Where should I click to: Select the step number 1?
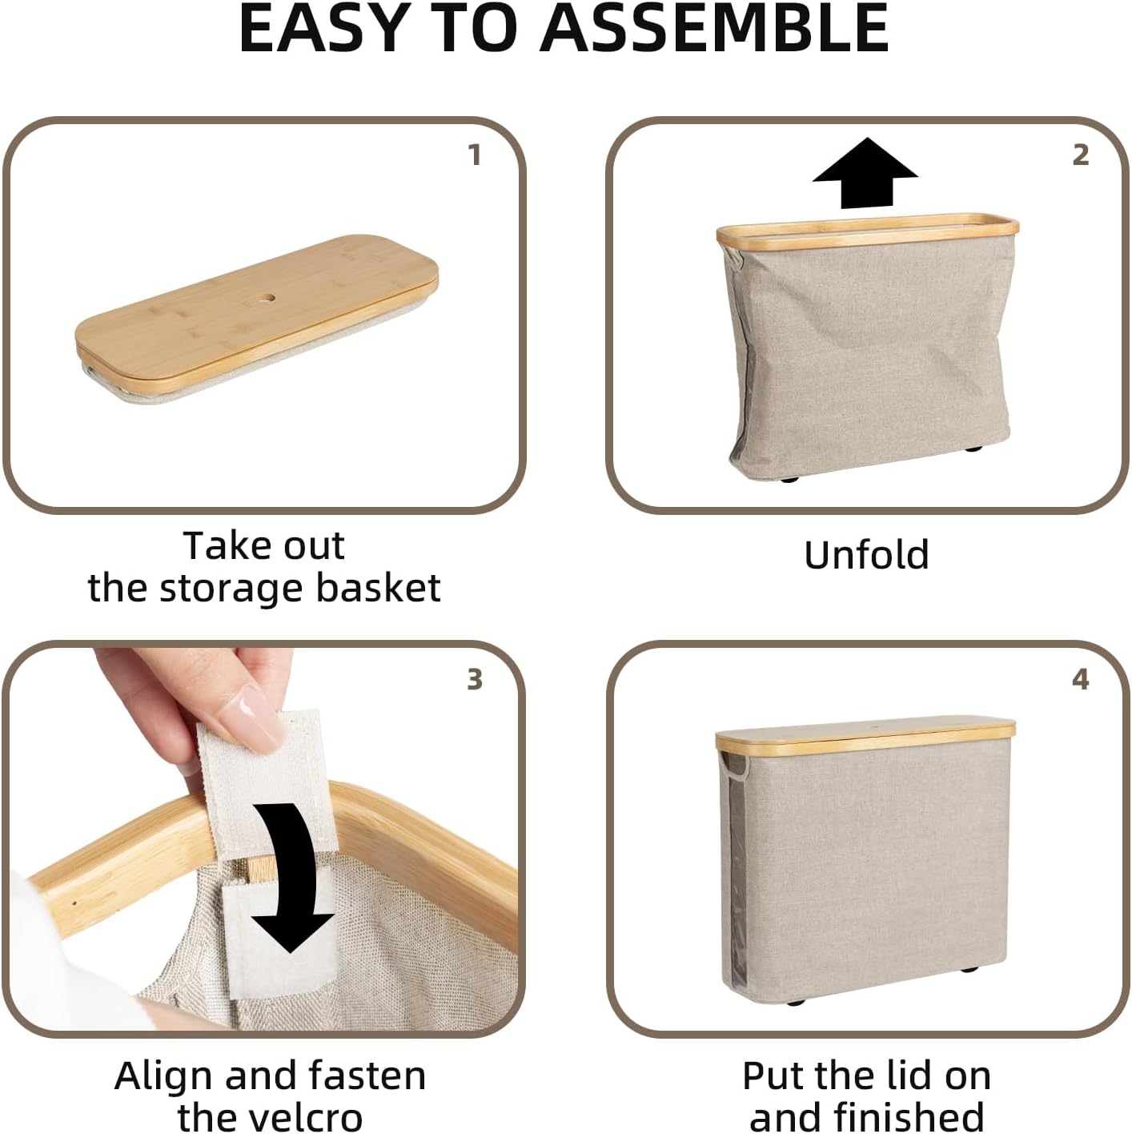475,155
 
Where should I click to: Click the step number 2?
1080,155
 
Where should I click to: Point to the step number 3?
475,679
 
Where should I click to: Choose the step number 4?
1080,679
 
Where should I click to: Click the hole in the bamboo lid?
265,300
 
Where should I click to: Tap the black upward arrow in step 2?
865,172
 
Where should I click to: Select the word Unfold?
866,555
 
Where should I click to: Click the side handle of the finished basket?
733,766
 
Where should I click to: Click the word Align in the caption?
165,1076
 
